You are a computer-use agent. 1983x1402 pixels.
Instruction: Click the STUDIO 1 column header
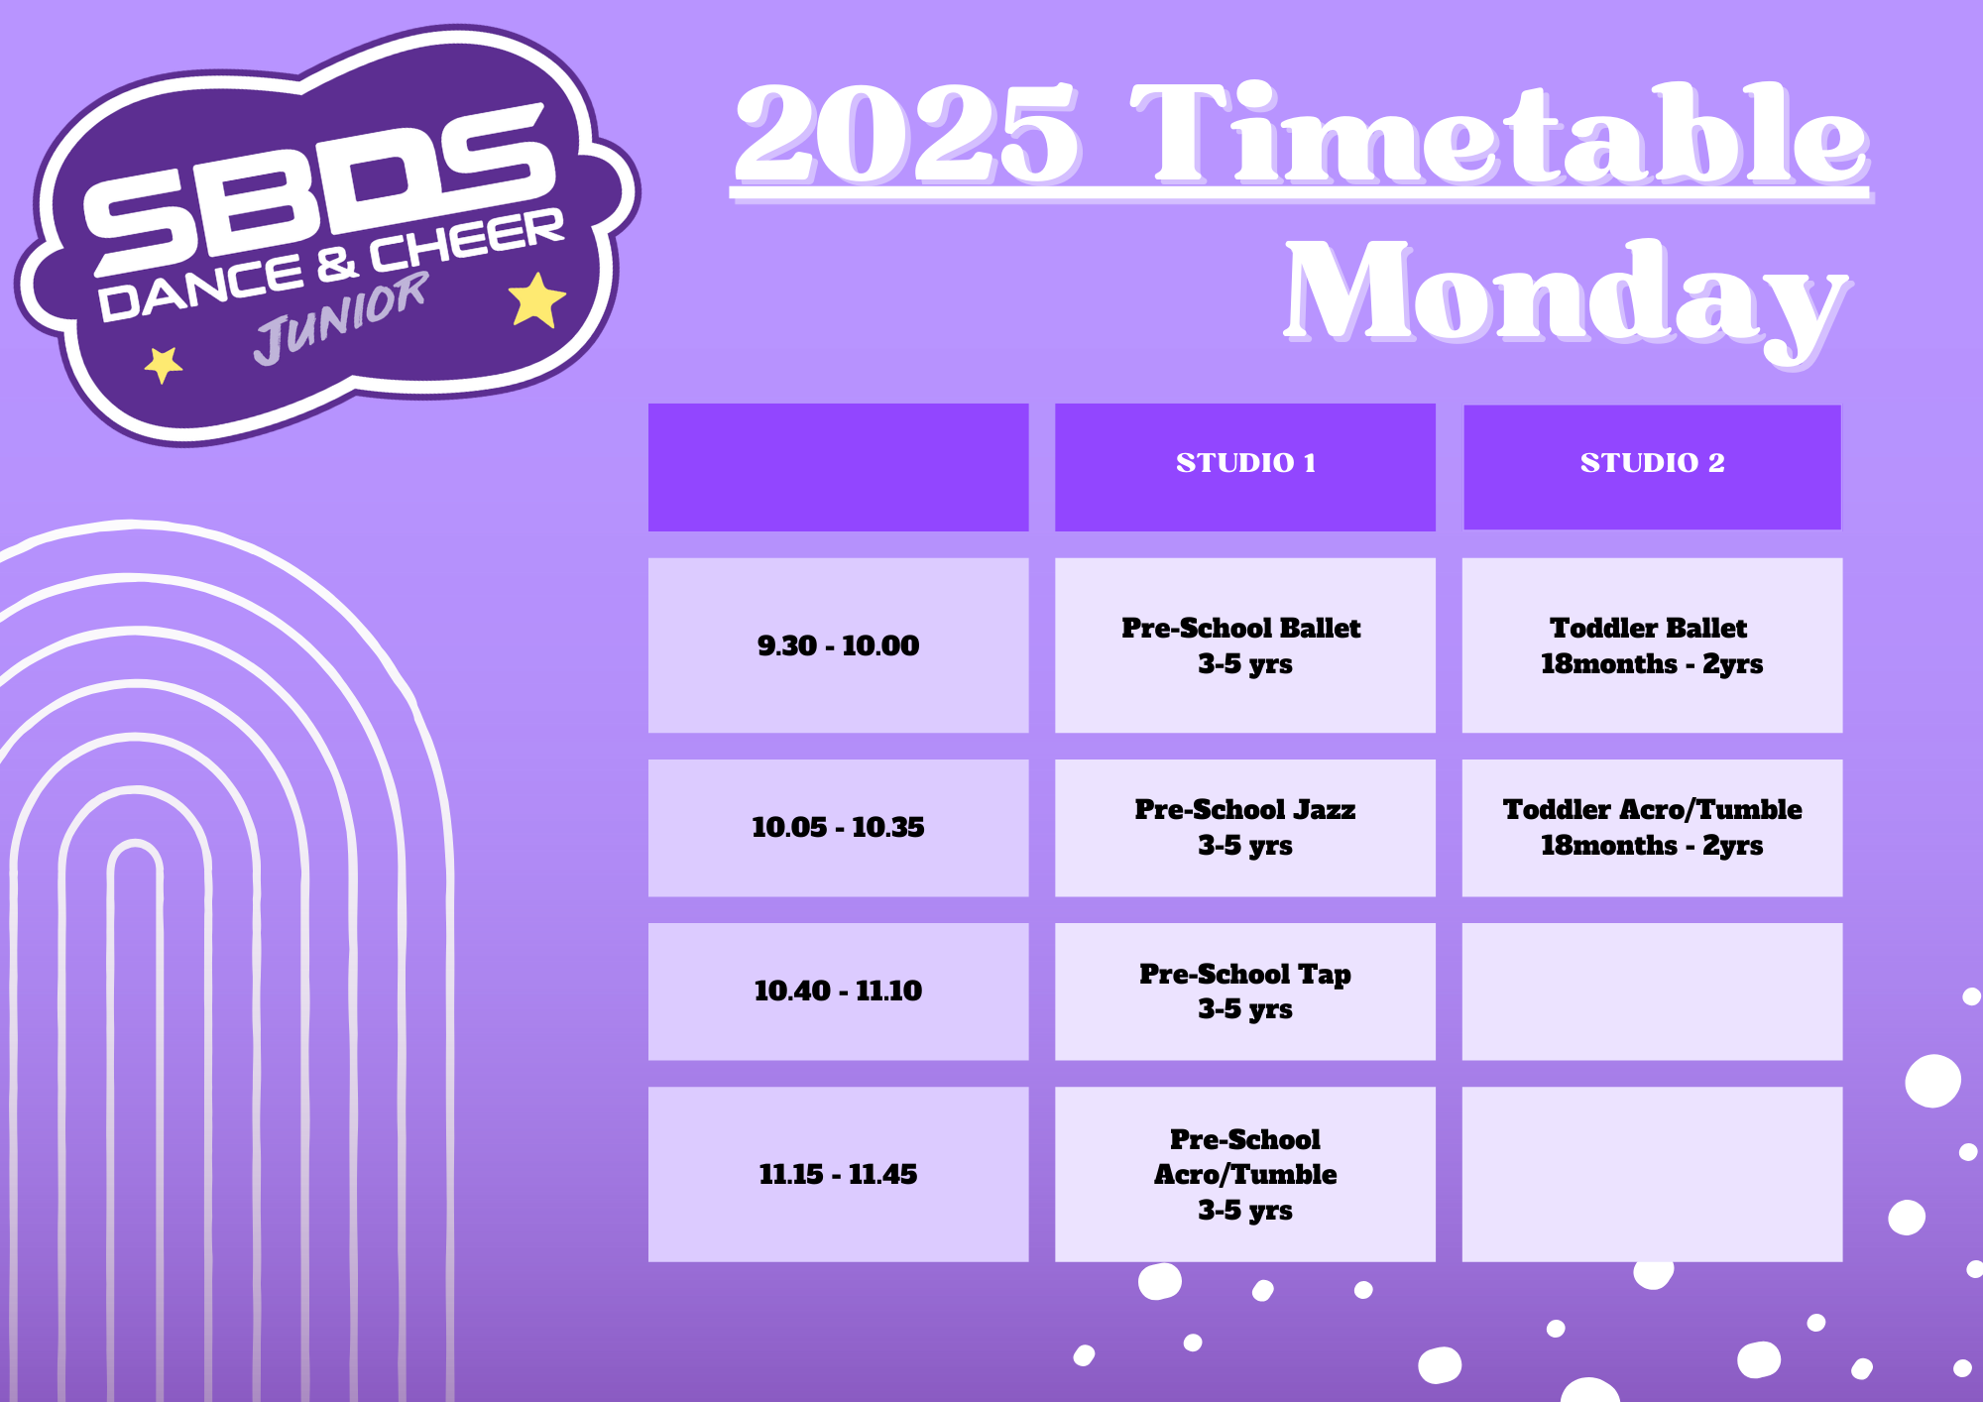coord(1244,467)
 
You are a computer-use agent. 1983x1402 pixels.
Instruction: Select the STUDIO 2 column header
coord(1652,467)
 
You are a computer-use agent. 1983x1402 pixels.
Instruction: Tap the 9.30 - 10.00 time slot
coord(838,645)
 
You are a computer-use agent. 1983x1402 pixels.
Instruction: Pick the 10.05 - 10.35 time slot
coord(838,828)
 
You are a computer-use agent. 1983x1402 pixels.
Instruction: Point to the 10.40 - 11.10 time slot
coord(838,992)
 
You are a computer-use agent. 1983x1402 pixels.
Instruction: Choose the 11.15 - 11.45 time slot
coord(838,1174)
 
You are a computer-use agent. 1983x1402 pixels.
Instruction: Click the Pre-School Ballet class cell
coord(1244,645)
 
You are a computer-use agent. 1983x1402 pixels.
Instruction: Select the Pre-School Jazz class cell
coord(1244,828)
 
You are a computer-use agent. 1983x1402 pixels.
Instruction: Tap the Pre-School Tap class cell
coord(1244,992)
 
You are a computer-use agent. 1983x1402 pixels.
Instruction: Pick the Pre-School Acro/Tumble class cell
coord(1244,1174)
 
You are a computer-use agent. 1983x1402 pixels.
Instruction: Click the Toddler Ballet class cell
coord(1652,645)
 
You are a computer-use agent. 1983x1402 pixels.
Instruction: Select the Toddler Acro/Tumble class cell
coord(1652,828)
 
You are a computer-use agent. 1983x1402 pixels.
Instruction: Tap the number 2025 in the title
coord(906,133)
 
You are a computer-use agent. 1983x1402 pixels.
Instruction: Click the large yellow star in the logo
coord(536,299)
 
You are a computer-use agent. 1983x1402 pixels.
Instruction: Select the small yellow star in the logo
coord(163,365)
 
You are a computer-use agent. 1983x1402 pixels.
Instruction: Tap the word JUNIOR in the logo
coord(341,317)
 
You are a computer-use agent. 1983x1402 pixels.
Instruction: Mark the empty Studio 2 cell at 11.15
coord(1652,1174)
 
